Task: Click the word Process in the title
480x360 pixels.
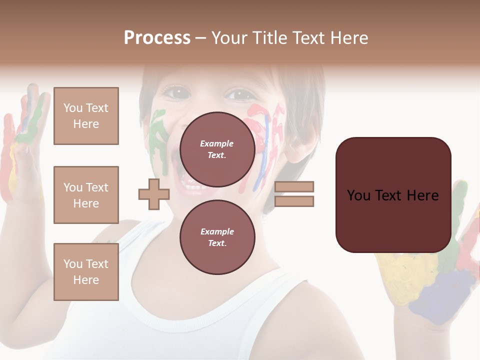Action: coord(157,38)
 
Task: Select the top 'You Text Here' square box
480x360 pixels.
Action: coord(86,116)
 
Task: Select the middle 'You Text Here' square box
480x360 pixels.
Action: coord(86,195)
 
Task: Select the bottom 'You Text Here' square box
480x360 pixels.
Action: coord(86,272)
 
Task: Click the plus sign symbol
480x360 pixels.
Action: coord(154,194)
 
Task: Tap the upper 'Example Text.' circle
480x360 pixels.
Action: coord(217,149)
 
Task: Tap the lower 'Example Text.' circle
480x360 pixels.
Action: coord(217,237)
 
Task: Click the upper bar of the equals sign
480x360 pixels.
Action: coord(294,186)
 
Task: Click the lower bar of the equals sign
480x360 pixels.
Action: coord(294,201)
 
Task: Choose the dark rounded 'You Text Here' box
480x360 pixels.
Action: coord(393,195)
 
